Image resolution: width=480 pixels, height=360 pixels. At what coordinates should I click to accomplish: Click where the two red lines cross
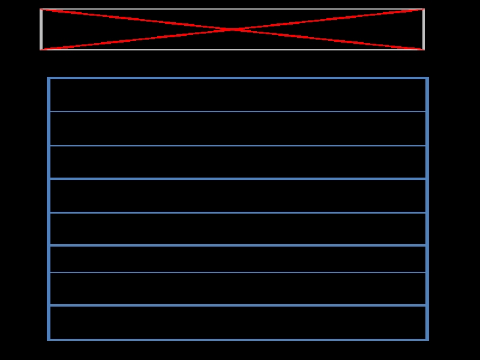click(x=232, y=29)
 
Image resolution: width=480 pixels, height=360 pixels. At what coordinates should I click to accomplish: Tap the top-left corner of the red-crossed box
click(x=41, y=9)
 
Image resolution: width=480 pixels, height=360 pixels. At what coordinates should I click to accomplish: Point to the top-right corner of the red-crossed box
click(x=424, y=9)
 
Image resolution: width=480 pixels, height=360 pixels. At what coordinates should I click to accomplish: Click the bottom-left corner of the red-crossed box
click(x=41, y=50)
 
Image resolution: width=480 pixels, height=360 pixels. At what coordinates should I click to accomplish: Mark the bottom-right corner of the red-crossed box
click(x=424, y=50)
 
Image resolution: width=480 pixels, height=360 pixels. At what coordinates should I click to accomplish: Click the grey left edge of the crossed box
click(x=41, y=29)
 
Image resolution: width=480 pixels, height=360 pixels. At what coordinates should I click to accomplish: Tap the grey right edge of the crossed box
click(x=424, y=29)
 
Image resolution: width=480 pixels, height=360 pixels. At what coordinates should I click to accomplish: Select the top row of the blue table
click(x=238, y=95)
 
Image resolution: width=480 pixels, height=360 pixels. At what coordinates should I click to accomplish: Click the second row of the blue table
click(x=238, y=128)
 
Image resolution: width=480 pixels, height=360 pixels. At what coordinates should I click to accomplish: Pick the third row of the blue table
click(x=238, y=162)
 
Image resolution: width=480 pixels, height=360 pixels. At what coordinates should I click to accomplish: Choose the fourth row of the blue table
click(x=238, y=196)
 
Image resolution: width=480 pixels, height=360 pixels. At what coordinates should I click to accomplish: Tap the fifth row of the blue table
click(x=238, y=229)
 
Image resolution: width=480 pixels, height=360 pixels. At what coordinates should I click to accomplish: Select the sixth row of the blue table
click(x=238, y=259)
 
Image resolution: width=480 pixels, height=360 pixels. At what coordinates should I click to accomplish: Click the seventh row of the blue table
click(x=238, y=289)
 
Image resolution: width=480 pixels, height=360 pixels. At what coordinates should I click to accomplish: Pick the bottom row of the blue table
click(x=238, y=322)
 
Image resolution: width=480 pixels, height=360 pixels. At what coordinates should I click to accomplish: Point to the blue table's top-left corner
click(x=49, y=78)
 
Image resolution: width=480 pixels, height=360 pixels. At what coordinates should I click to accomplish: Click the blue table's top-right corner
click(x=427, y=78)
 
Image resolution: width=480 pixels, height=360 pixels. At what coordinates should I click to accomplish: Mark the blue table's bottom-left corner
click(x=49, y=340)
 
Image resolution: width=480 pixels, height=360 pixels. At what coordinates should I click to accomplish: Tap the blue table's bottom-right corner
click(x=427, y=340)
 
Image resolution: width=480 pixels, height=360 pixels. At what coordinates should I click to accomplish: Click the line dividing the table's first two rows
click(x=238, y=112)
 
